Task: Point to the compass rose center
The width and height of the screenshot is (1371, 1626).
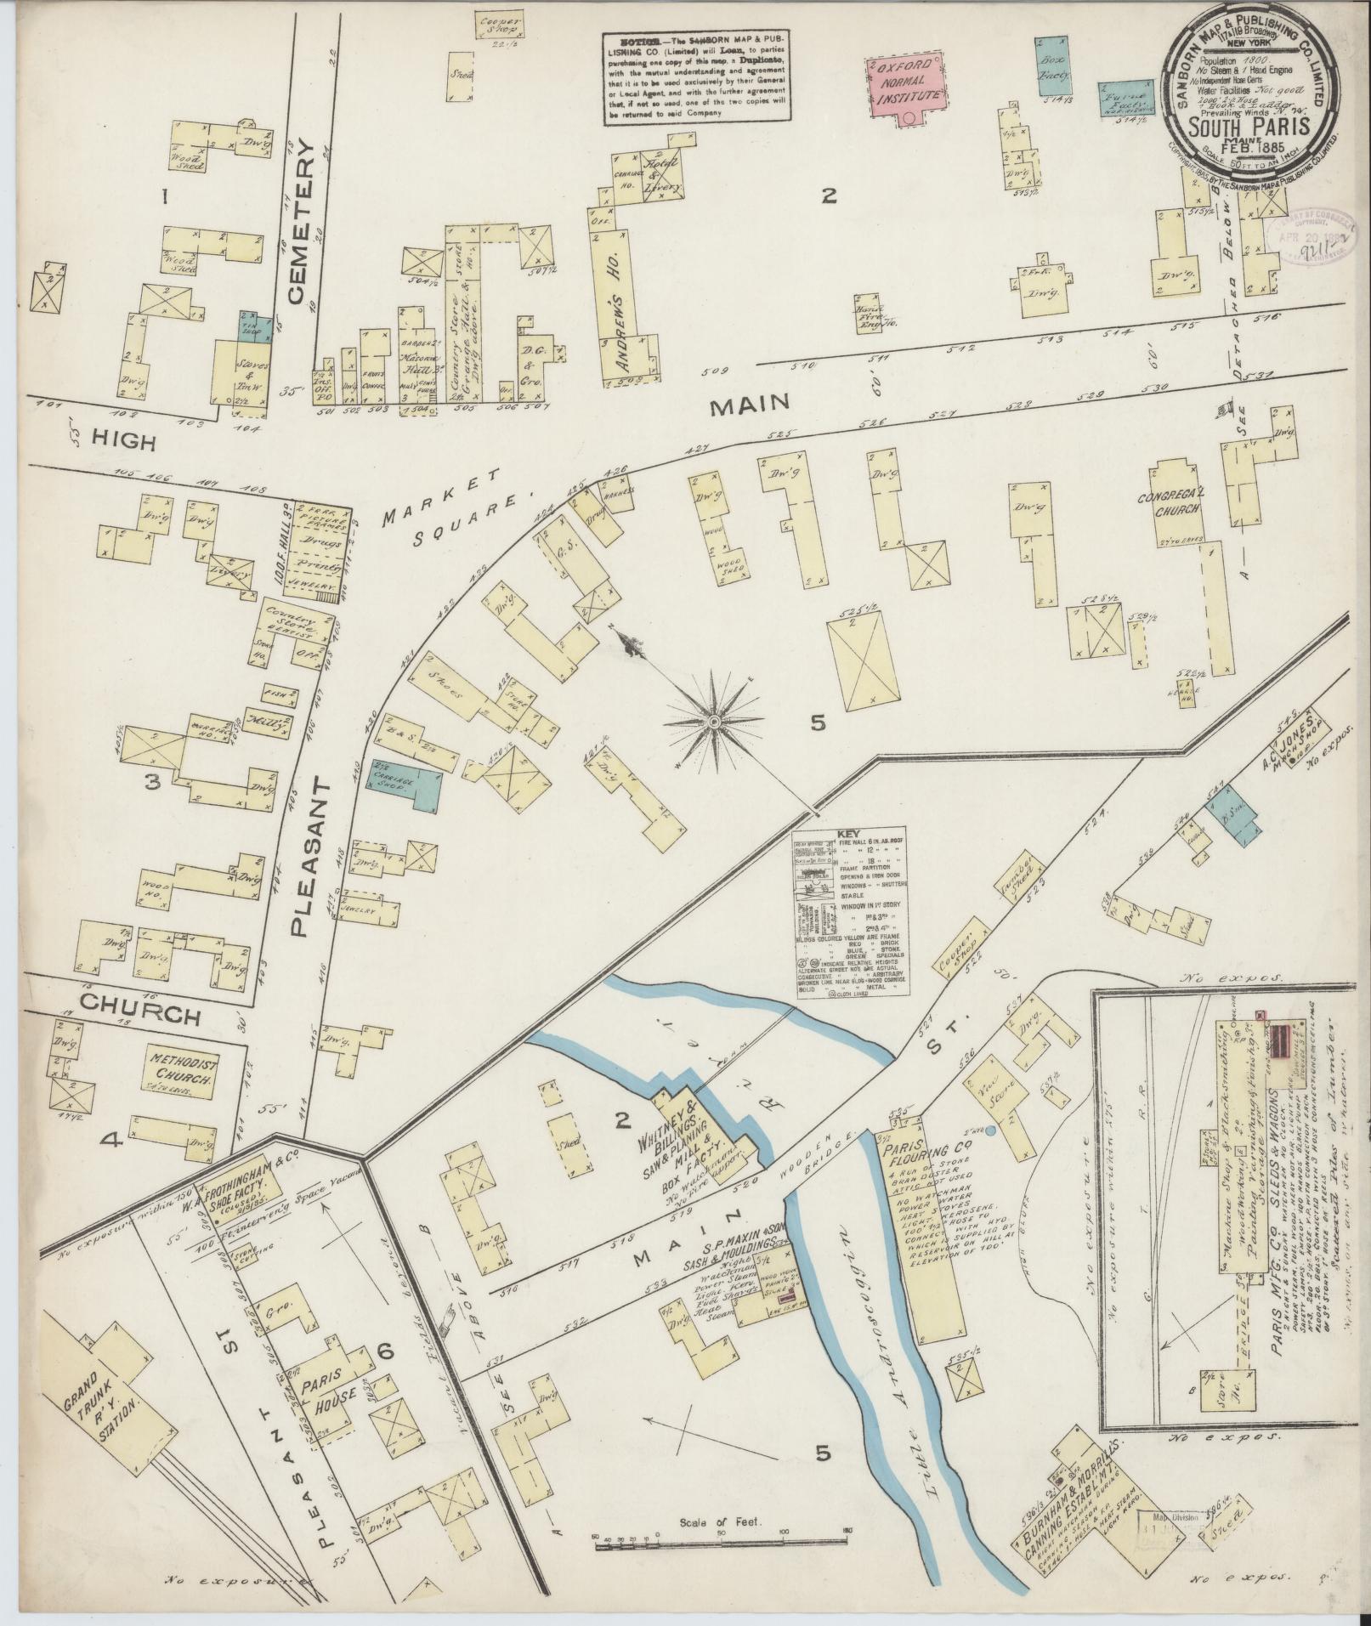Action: click(715, 721)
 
